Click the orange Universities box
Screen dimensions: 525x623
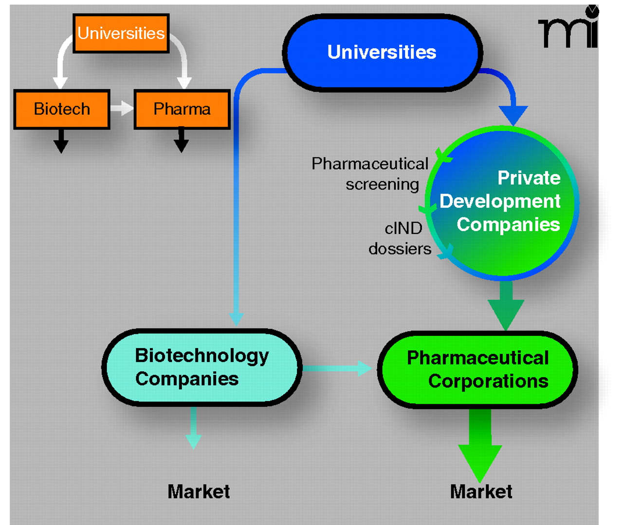coord(121,33)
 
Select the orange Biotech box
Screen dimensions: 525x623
coord(62,109)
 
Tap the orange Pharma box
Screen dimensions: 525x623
coord(182,109)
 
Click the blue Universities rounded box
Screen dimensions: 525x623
coord(382,52)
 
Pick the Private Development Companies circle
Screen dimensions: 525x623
coord(504,202)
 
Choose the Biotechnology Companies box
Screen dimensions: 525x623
coord(202,367)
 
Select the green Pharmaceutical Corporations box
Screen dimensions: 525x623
coord(477,369)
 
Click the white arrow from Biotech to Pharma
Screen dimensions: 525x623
coord(122,108)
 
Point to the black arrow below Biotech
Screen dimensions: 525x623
coord(61,142)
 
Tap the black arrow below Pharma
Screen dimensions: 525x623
coord(181,141)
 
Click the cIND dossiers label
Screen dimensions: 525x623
coord(400,238)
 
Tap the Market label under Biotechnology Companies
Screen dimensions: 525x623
coord(199,491)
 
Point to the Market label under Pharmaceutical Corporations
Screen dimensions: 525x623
coord(481,491)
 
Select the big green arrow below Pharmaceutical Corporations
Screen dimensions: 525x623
coord(480,446)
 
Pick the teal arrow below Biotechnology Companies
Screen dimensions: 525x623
coord(194,429)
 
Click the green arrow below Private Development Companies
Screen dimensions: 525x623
coord(506,305)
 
